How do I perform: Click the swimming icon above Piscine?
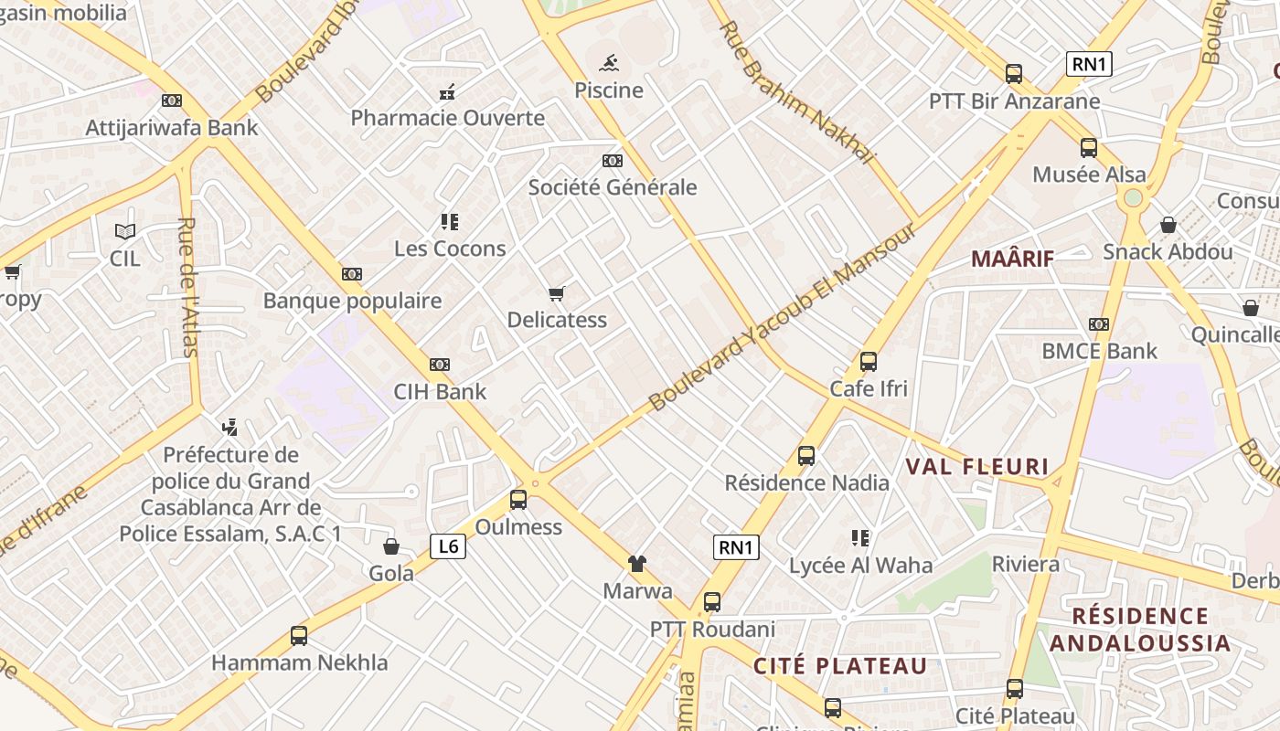pos(610,63)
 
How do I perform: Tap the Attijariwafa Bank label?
pos(172,127)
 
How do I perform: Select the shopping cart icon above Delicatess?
pos(556,293)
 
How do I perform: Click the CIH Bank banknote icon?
pos(440,365)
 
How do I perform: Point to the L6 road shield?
pos(448,546)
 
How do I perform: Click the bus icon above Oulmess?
pos(518,500)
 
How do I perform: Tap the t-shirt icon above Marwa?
pos(637,563)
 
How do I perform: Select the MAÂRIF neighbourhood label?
pos(1012,259)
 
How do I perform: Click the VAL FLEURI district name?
pos(977,467)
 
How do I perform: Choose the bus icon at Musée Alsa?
pos(1088,147)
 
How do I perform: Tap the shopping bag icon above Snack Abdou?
pos(1168,225)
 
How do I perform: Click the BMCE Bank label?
pos(1099,351)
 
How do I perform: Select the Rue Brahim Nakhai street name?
pos(797,92)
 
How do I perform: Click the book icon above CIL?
pos(124,232)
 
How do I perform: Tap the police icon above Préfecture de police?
pos(229,427)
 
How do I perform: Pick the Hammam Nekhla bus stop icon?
pos(299,636)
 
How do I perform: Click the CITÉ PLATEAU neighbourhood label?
pos(840,666)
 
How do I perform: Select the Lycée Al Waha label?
pos(860,566)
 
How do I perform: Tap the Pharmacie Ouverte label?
pos(448,118)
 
